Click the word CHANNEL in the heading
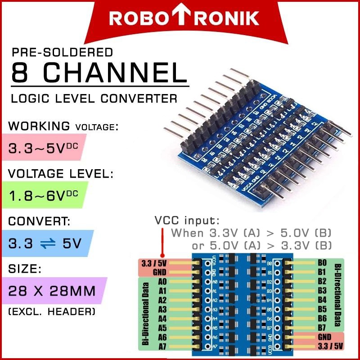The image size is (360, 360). [118, 72]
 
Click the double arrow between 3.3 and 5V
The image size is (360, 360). [48, 243]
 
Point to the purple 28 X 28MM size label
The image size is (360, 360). [52, 291]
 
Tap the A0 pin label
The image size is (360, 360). [162, 282]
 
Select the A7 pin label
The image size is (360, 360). [162, 346]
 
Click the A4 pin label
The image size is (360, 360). [162, 319]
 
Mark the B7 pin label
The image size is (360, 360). [322, 327]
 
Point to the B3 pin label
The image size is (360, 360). [322, 290]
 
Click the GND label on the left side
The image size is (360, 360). [160, 272]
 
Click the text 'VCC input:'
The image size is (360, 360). [187, 221]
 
